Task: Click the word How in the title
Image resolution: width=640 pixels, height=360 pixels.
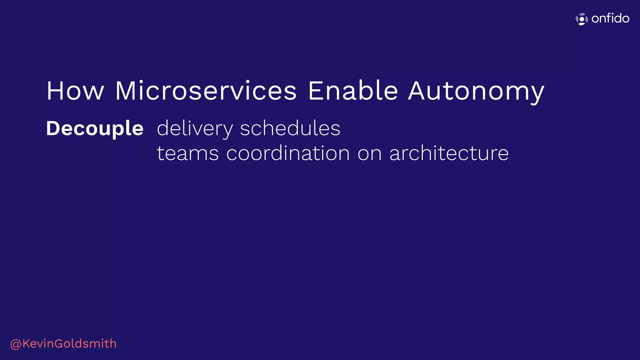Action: click(x=75, y=91)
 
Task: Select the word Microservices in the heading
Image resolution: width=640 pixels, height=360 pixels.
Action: click(x=206, y=91)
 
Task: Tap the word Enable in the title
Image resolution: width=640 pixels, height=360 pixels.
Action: click(x=353, y=91)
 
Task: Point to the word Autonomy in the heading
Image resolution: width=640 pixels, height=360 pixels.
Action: click(x=476, y=92)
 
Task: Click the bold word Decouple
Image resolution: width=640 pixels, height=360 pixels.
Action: click(x=95, y=129)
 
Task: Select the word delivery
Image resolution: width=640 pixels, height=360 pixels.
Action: click(x=195, y=129)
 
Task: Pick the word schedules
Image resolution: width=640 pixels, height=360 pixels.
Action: click(x=290, y=128)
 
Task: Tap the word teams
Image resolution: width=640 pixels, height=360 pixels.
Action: click(x=187, y=153)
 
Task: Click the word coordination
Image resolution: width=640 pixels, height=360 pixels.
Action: click(x=288, y=153)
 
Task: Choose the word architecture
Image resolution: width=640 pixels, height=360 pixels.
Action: click(x=449, y=153)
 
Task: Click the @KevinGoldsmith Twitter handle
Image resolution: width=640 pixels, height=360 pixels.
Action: click(x=63, y=344)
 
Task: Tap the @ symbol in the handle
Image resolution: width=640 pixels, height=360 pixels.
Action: click(x=16, y=344)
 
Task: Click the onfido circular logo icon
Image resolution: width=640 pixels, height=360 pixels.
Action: click(x=582, y=19)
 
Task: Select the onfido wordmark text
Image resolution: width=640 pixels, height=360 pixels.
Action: click(x=610, y=18)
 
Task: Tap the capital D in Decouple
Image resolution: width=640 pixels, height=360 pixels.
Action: click(x=54, y=128)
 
